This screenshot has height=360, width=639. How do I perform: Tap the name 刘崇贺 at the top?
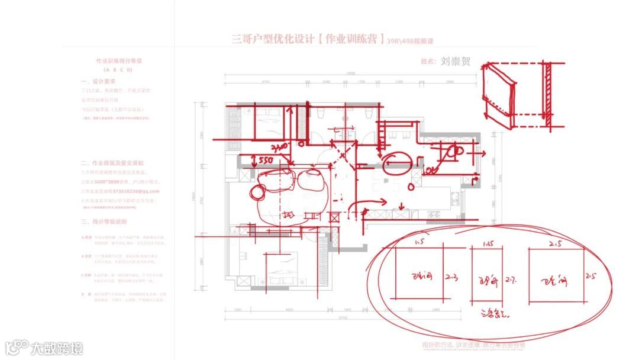click(456, 60)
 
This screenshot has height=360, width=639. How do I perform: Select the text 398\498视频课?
click(411, 41)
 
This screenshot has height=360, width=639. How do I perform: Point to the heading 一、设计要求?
click(98, 81)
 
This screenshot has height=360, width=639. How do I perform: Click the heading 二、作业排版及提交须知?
click(112, 162)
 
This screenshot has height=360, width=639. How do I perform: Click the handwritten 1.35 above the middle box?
click(488, 243)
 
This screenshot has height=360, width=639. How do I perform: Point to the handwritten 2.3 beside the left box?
click(451, 276)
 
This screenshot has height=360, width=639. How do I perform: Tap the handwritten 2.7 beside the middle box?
click(512, 278)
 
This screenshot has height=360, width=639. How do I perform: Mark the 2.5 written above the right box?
click(556, 243)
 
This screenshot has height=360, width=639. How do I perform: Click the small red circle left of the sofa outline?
click(257, 192)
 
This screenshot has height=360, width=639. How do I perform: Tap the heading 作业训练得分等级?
click(120, 61)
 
